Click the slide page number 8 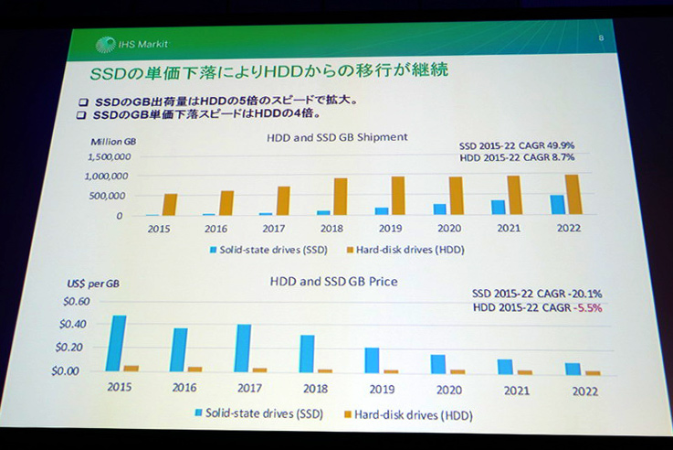(600, 37)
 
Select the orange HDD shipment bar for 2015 (170, 204)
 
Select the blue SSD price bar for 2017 (243, 348)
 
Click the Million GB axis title (113, 142)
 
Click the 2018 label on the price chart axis (311, 388)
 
